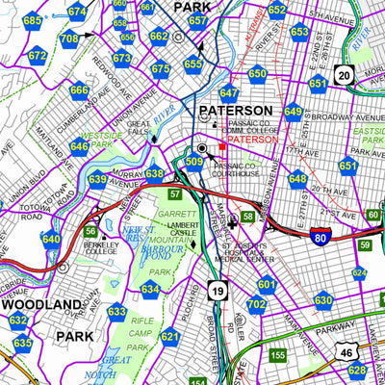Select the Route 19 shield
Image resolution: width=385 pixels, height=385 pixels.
point(218,292)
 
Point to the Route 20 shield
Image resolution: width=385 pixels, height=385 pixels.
point(344,74)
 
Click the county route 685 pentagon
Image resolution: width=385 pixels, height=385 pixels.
point(33,21)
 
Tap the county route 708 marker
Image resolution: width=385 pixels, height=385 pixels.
point(69,39)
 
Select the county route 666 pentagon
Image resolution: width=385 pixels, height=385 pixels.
point(79,91)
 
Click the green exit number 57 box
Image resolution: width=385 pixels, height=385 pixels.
point(174,195)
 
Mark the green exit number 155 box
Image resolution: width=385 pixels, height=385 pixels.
point(277,355)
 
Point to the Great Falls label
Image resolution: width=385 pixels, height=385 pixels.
point(140,128)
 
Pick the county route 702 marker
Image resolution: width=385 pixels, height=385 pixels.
point(256,305)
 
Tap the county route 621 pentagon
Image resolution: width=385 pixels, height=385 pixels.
point(169,337)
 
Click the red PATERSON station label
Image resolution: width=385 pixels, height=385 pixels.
point(253,140)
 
